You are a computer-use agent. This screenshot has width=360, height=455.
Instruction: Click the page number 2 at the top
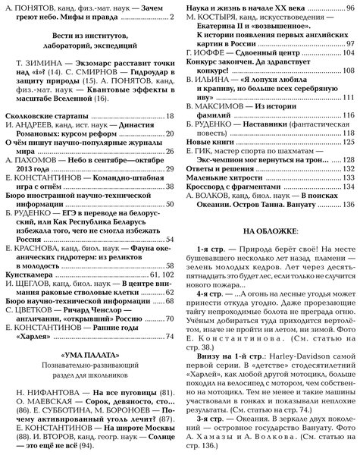(173, 16)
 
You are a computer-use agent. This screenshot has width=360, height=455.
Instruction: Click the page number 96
(349, 5)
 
